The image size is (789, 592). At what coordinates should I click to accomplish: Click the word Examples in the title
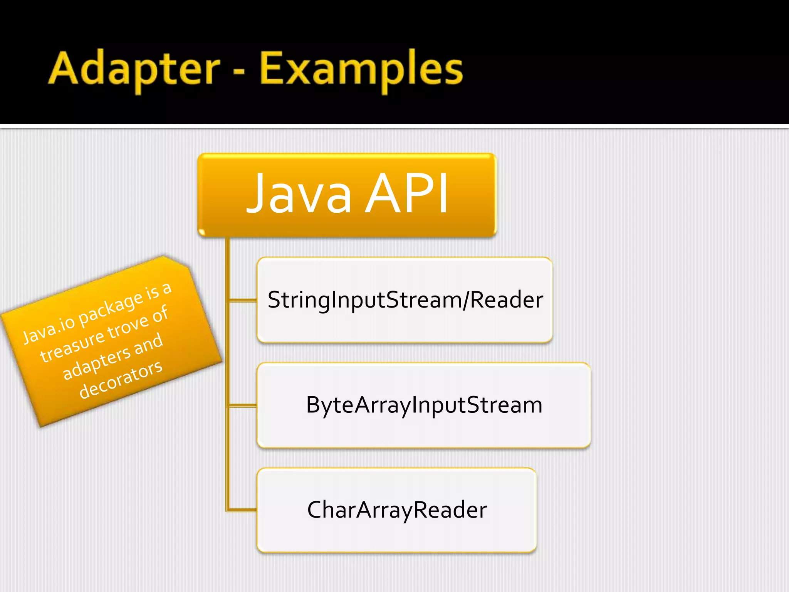click(361, 69)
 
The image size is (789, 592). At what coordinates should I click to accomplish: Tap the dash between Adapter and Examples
click(239, 72)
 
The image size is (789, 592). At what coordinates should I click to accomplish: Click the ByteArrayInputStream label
click(424, 405)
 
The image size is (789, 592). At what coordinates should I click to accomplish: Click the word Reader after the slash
click(507, 300)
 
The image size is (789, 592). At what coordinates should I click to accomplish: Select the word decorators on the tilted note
click(121, 380)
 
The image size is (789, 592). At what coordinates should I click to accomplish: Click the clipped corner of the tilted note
click(177, 261)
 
